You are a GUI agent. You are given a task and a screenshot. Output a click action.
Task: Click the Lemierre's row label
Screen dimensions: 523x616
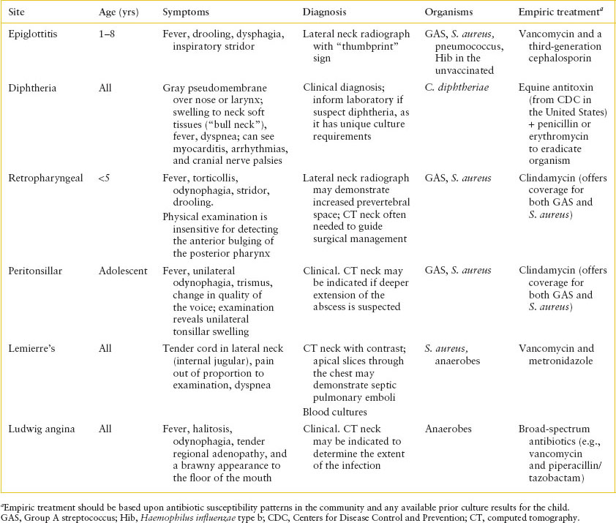[31, 349]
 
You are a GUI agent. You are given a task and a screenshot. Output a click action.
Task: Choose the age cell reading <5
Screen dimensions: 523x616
[105, 177]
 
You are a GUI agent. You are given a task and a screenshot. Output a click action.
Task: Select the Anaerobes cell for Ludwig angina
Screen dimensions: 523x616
[448, 429]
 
